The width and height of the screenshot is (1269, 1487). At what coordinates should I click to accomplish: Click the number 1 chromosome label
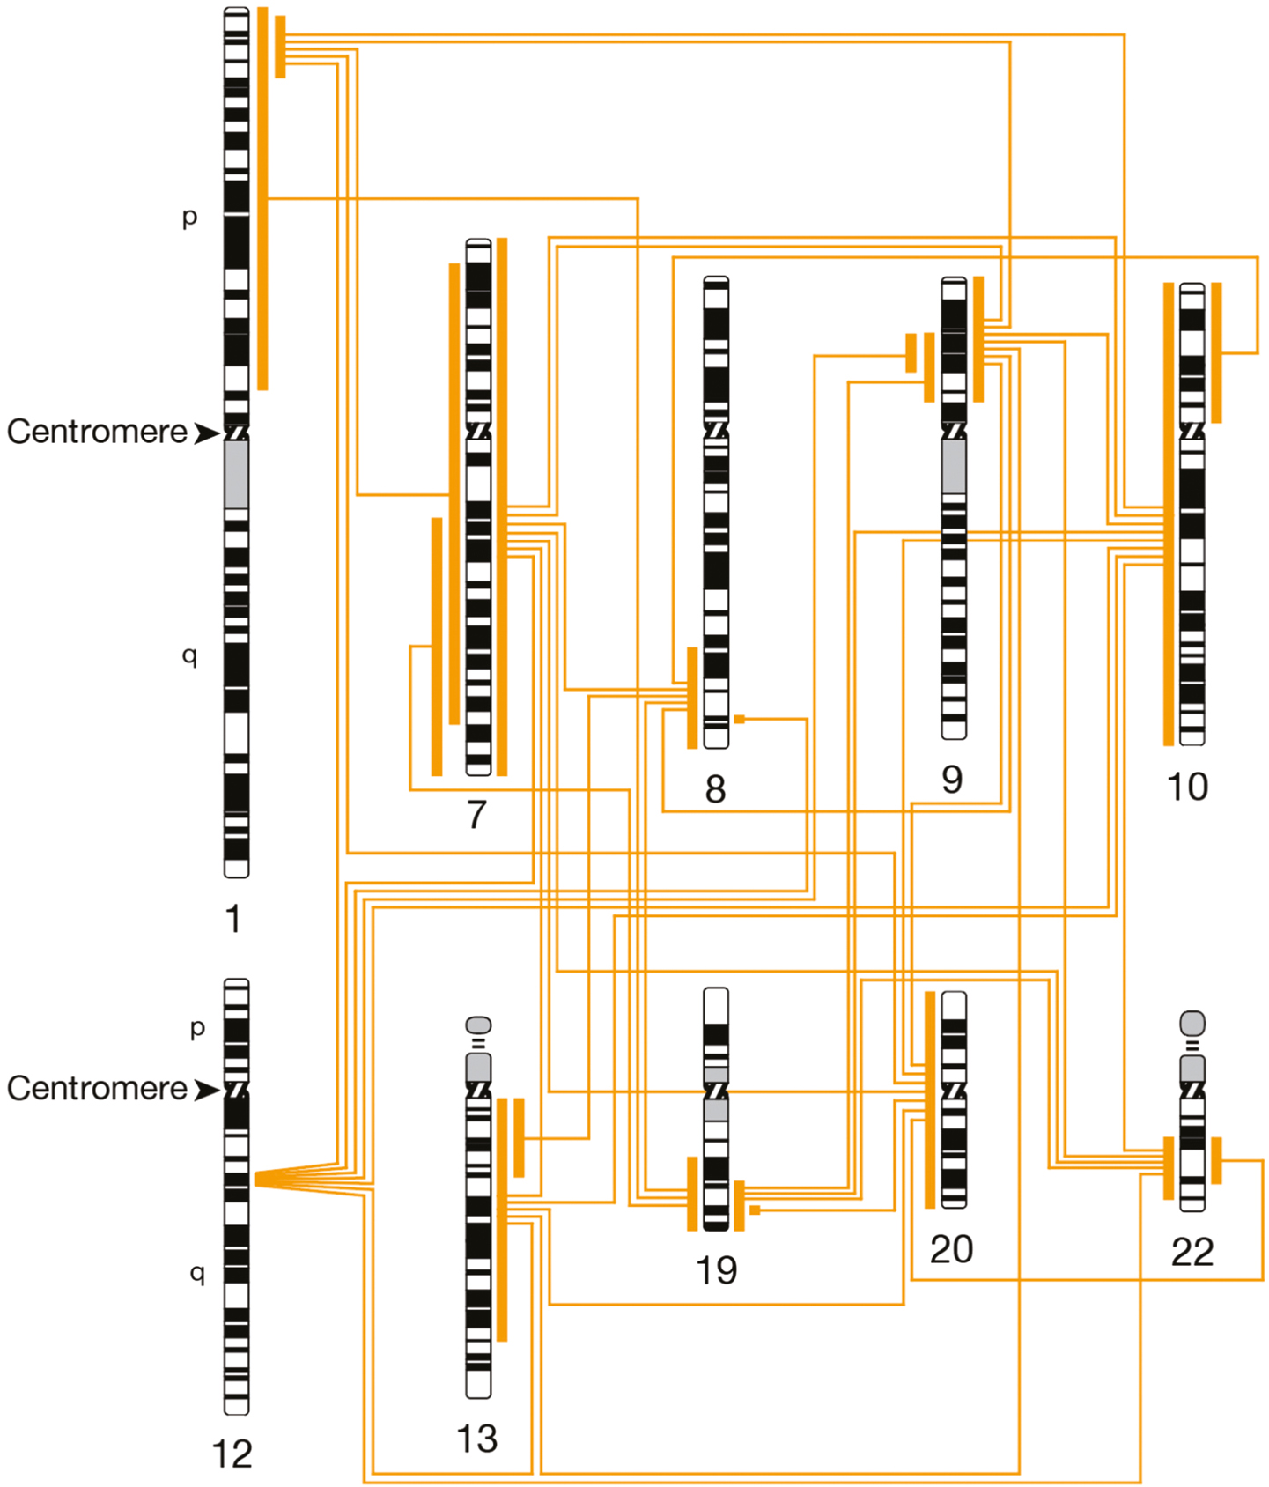click(x=233, y=919)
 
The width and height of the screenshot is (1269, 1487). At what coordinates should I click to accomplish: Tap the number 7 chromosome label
click(x=477, y=814)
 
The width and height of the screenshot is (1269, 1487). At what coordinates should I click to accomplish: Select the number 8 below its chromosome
click(x=716, y=788)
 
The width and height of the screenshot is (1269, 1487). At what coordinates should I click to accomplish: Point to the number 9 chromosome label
click(x=953, y=779)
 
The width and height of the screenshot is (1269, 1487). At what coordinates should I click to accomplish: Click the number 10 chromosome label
click(x=1187, y=787)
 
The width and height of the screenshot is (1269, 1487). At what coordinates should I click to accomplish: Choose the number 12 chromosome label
click(x=232, y=1454)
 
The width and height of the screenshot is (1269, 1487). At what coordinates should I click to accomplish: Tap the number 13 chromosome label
click(x=477, y=1439)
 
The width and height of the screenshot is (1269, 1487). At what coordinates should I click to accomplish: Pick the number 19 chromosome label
click(x=716, y=1270)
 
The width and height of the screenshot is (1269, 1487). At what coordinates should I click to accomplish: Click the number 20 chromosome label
click(x=952, y=1249)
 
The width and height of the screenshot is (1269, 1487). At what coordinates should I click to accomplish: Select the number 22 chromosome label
click(x=1192, y=1252)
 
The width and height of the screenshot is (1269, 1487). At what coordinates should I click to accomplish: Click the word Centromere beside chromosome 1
click(x=97, y=432)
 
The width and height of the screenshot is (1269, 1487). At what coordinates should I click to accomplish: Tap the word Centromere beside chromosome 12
click(x=97, y=1089)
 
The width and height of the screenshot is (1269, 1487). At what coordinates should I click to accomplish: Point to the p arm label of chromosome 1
click(x=189, y=218)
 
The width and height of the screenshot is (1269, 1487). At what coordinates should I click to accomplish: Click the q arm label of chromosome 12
click(x=197, y=1274)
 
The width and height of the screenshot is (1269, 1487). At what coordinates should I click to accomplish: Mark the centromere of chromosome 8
click(x=716, y=430)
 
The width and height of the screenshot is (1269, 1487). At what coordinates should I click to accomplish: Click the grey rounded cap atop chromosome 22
click(x=1192, y=1023)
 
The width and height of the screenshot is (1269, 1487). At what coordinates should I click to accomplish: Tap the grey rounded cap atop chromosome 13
click(x=478, y=1025)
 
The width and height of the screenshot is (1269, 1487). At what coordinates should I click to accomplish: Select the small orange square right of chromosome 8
click(x=740, y=720)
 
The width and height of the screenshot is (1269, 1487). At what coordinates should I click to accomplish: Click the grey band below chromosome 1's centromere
click(x=236, y=474)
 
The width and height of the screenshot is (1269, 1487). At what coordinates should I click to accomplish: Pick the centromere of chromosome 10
click(x=1192, y=431)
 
